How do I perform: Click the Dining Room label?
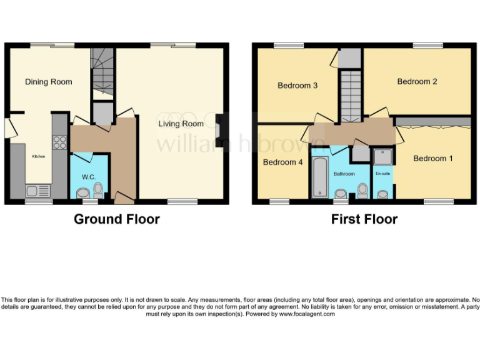pyautogui.click(x=48, y=82)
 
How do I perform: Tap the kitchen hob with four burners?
pyautogui.click(x=60, y=142)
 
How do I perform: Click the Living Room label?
pyautogui.click(x=181, y=124)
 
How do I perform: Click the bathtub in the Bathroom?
pyautogui.click(x=319, y=176)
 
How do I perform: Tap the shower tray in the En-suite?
pyautogui.click(x=381, y=156)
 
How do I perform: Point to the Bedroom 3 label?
pyautogui.click(x=297, y=86)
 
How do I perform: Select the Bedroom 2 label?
pyautogui.click(x=417, y=81)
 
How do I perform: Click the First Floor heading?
pyautogui.click(x=364, y=219)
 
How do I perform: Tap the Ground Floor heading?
pyautogui.click(x=117, y=219)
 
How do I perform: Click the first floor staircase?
pyautogui.click(x=351, y=94)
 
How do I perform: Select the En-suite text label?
pyautogui.click(x=382, y=173)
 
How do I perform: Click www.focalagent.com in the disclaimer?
pyautogui.click(x=306, y=314)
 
